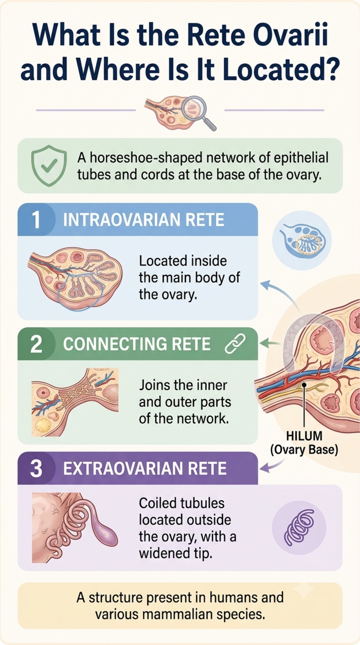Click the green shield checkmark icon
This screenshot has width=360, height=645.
pyautogui.click(x=49, y=166)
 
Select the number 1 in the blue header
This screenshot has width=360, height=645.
pyautogui.click(x=35, y=220)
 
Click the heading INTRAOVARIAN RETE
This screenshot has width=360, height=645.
pyautogui.click(x=143, y=220)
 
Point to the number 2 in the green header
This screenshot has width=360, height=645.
pyautogui.click(x=36, y=344)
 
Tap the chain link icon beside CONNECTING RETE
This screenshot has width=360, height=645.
pyautogui.click(x=235, y=344)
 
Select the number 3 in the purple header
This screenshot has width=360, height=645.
pyautogui.click(x=36, y=469)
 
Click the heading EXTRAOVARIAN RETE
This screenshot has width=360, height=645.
pyautogui.click(x=145, y=469)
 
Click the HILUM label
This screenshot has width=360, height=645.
pyautogui.click(x=304, y=436)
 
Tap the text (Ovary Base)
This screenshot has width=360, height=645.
pyautogui.click(x=304, y=450)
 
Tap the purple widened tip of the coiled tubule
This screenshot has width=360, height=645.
pyautogui.click(x=106, y=535)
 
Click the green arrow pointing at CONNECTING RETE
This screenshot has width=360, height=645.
pyautogui.click(x=270, y=343)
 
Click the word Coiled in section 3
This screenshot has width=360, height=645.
pyautogui.click(x=158, y=504)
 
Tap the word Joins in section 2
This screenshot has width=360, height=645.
pyautogui.click(x=154, y=385)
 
